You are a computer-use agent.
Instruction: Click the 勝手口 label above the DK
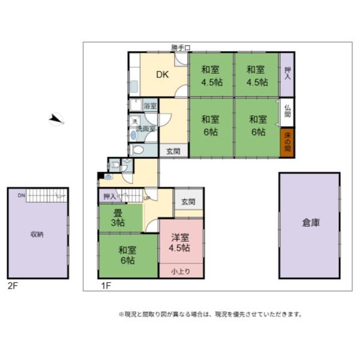pyautogui.click(x=181, y=47)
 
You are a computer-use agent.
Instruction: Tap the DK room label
pyautogui.click(x=162, y=75)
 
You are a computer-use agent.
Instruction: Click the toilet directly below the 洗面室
pyautogui.click(x=137, y=150)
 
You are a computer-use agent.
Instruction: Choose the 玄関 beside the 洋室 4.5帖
pyautogui.click(x=188, y=202)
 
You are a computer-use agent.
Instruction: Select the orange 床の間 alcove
pyautogui.click(x=287, y=143)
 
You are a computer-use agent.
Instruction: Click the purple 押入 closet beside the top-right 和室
pyautogui.click(x=287, y=74)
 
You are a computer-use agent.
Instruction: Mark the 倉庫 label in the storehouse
pyautogui.click(x=310, y=223)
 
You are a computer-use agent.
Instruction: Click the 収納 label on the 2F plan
pyautogui.click(x=37, y=235)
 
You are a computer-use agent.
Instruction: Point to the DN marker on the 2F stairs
pyautogui.click(x=21, y=196)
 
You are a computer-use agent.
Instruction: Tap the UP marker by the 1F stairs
pyautogui.click(x=146, y=197)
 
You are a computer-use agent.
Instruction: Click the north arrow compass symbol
pyautogui.click(x=56, y=119)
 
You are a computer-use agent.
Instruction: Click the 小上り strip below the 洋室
pyautogui.click(x=181, y=271)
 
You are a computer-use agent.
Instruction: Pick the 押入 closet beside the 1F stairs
pyautogui.click(x=109, y=196)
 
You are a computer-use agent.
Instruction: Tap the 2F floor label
pyautogui.click(x=12, y=286)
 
